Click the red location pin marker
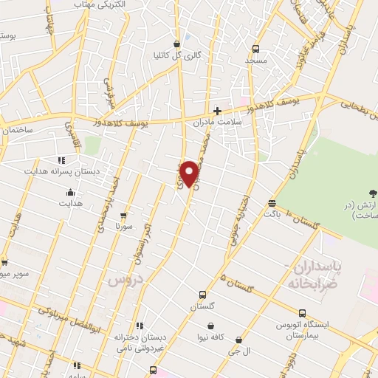[190, 174]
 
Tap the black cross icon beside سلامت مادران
[217, 110]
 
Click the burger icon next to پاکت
[272, 202]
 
